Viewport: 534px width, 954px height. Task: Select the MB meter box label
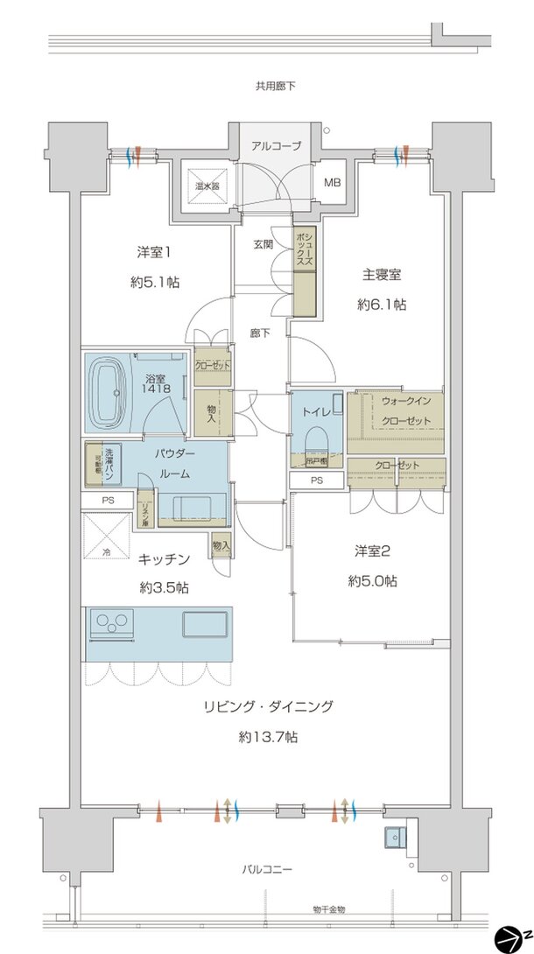334,183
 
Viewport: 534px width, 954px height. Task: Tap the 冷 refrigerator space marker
105,551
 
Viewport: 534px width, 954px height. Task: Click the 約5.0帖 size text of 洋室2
377,580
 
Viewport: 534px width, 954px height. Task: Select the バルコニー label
267,870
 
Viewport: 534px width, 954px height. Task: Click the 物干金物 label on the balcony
328,910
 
